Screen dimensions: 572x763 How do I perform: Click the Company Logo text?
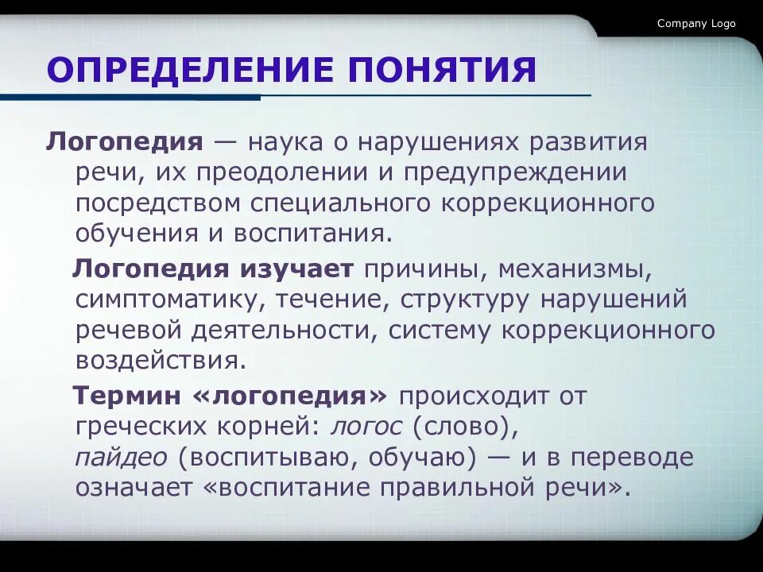pyautogui.click(x=696, y=24)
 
